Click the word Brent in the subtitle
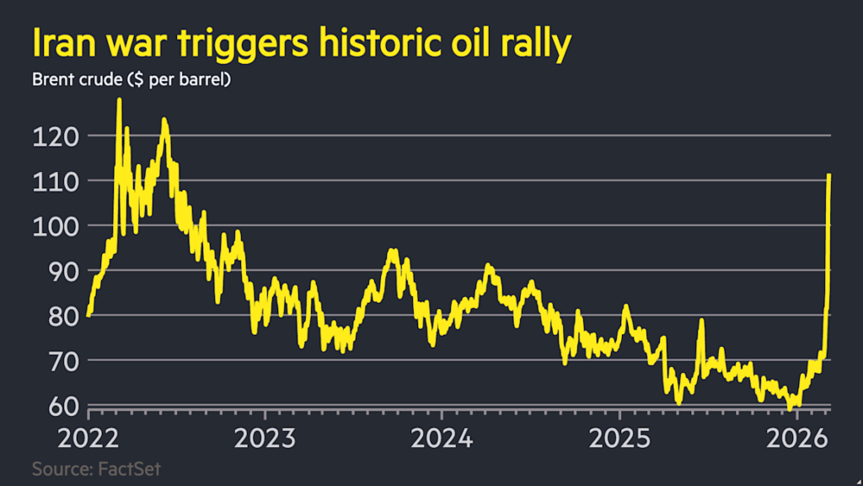click(52, 81)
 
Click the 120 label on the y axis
click(52, 136)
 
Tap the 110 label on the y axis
click(52, 181)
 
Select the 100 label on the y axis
click(52, 225)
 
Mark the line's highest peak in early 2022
click(119, 100)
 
